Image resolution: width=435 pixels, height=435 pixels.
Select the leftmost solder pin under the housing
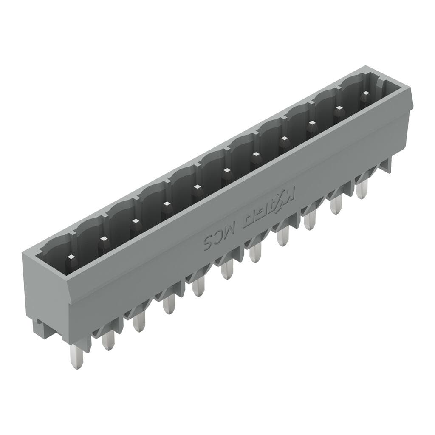coord(76,357)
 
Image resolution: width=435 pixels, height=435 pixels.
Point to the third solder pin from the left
coord(138,322)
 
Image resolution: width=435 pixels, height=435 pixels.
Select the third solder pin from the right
coord(310,220)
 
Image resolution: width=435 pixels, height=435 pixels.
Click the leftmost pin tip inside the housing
coord(71,257)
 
